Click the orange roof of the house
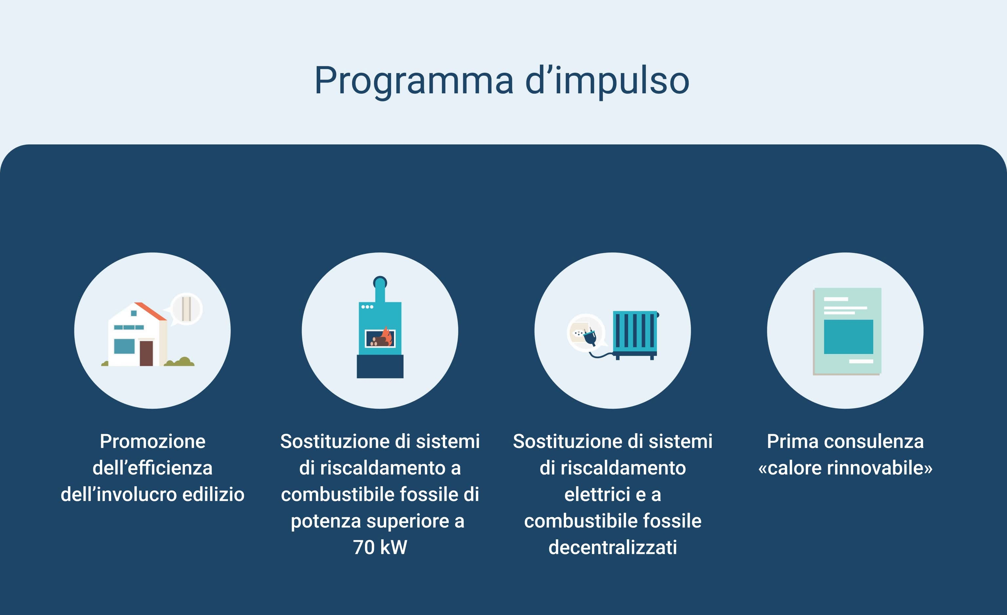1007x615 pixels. (x=150, y=311)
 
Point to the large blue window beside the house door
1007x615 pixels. (x=124, y=346)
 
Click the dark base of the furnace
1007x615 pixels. (x=380, y=366)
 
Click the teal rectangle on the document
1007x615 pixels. (x=848, y=337)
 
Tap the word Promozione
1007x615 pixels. (x=152, y=441)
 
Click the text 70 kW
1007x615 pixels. (x=380, y=548)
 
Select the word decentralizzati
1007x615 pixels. (x=613, y=548)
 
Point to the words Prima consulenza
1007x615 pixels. (x=845, y=441)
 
